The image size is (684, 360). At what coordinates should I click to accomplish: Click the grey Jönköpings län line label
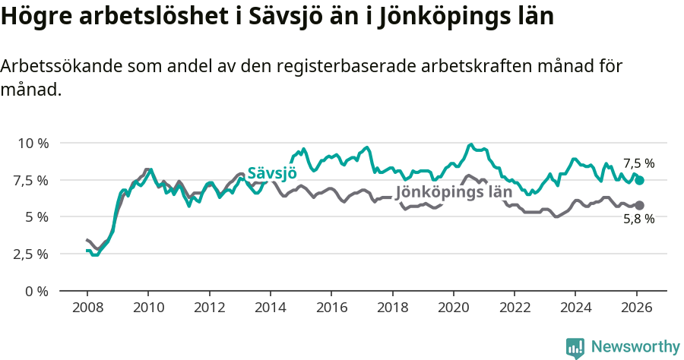click(454, 192)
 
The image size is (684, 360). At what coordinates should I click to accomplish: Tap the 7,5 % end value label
click(638, 163)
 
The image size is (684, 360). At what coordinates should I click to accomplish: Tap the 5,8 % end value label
click(638, 219)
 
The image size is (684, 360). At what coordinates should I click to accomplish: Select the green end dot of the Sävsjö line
click(640, 180)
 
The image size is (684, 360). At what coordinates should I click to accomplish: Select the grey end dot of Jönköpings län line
click(640, 205)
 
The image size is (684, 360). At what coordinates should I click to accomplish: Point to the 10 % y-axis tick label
click(33, 143)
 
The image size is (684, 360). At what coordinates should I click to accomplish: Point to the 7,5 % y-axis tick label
click(30, 180)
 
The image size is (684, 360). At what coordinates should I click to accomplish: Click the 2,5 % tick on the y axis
click(30, 254)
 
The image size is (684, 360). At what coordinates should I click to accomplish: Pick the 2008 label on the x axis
click(87, 308)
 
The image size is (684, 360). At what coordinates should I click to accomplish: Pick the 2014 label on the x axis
click(270, 308)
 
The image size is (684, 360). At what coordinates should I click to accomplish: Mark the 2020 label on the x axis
click(454, 308)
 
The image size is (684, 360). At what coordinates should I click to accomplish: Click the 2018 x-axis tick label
click(392, 308)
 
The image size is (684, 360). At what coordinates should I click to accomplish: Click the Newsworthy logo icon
click(575, 348)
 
